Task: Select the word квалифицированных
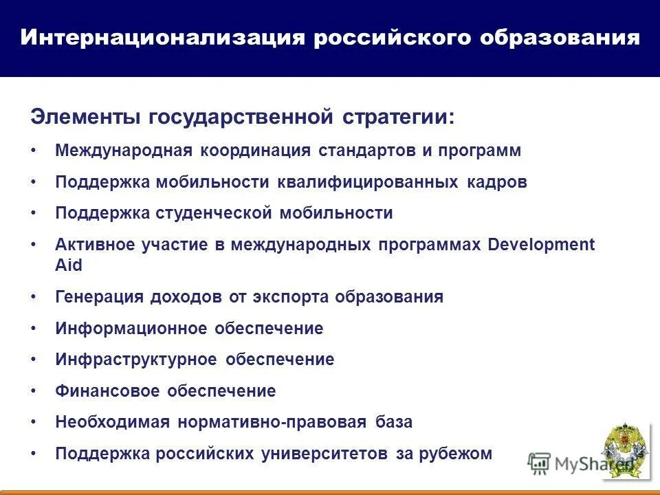[368, 182]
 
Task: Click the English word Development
[541, 245]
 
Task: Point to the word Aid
[69, 265]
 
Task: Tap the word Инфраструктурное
[136, 360]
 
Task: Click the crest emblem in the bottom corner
[624, 450]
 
